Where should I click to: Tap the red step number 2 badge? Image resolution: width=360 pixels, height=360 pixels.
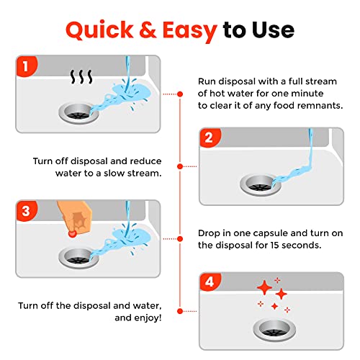pyautogui.click(x=210, y=138)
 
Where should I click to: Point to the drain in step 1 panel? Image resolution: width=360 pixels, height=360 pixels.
pyautogui.click(x=78, y=112)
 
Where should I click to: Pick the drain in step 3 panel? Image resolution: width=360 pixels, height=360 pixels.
pyautogui.click(x=78, y=256)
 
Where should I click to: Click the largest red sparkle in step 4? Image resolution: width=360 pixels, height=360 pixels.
pyautogui.click(x=265, y=289)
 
